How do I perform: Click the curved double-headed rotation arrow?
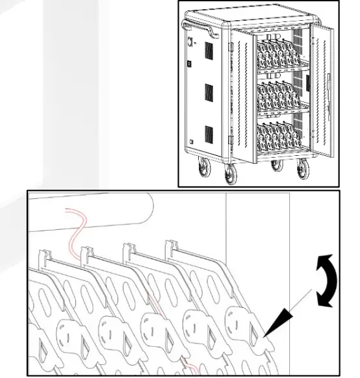click(x=325, y=281)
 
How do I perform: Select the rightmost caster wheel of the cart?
click(x=302, y=171)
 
